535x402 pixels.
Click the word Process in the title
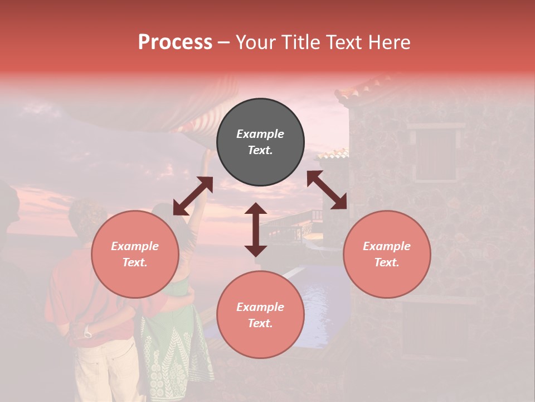175,42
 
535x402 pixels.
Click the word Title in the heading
300,42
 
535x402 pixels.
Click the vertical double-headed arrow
256,229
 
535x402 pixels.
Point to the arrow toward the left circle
193,196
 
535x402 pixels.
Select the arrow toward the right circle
327,190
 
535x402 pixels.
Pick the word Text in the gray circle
260,150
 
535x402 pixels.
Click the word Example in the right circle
387,246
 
